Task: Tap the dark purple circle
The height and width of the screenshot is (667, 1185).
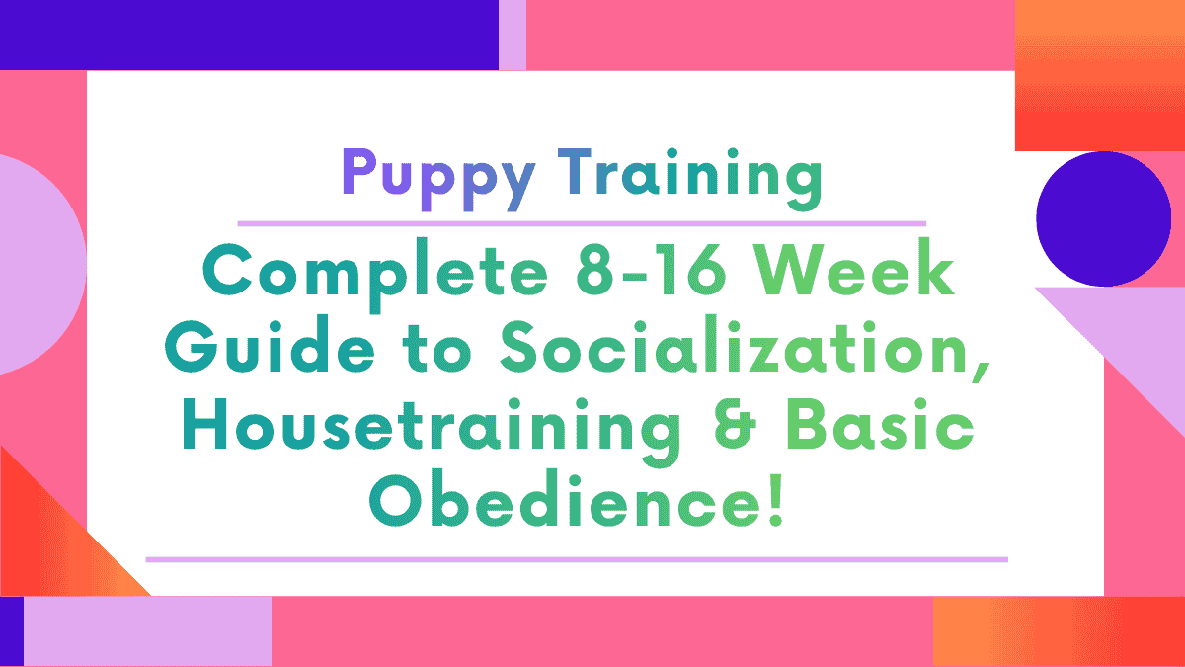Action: pos(1103,218)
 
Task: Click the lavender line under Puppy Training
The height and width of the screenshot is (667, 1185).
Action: pos(582,223)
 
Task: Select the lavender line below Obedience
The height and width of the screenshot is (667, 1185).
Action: pos(577,559)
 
